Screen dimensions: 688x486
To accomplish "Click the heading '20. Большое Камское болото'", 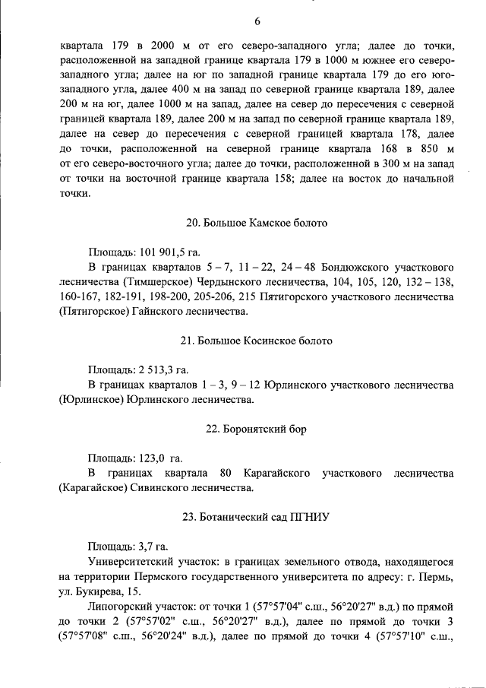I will tap(257, 224).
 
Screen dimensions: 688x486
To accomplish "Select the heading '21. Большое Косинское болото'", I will tap(257, 341).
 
